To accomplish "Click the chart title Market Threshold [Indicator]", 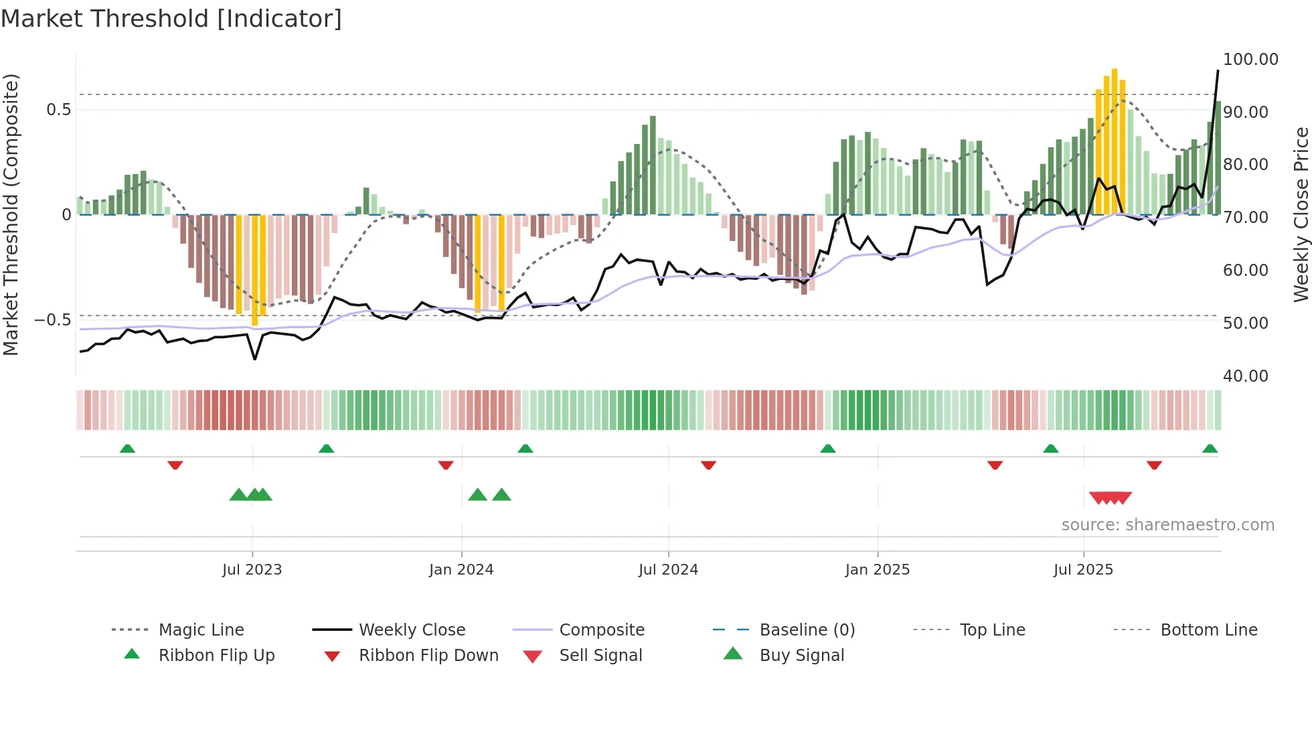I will (171, 19).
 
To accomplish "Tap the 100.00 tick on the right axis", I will (1250, 60).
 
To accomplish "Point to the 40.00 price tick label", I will (1245, 376).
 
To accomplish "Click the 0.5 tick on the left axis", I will (58, 110).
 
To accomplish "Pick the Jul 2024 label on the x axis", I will (668, 570).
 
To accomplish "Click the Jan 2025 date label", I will (877, 570).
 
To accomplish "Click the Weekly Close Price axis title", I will (1301, 214).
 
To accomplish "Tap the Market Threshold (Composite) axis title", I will (11, 214).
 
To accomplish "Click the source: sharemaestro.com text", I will (1167, 525).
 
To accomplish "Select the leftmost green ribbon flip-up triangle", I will (127, 449).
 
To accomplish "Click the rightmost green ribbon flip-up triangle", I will (1210, 449).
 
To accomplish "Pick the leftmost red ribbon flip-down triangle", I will (175, 465).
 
